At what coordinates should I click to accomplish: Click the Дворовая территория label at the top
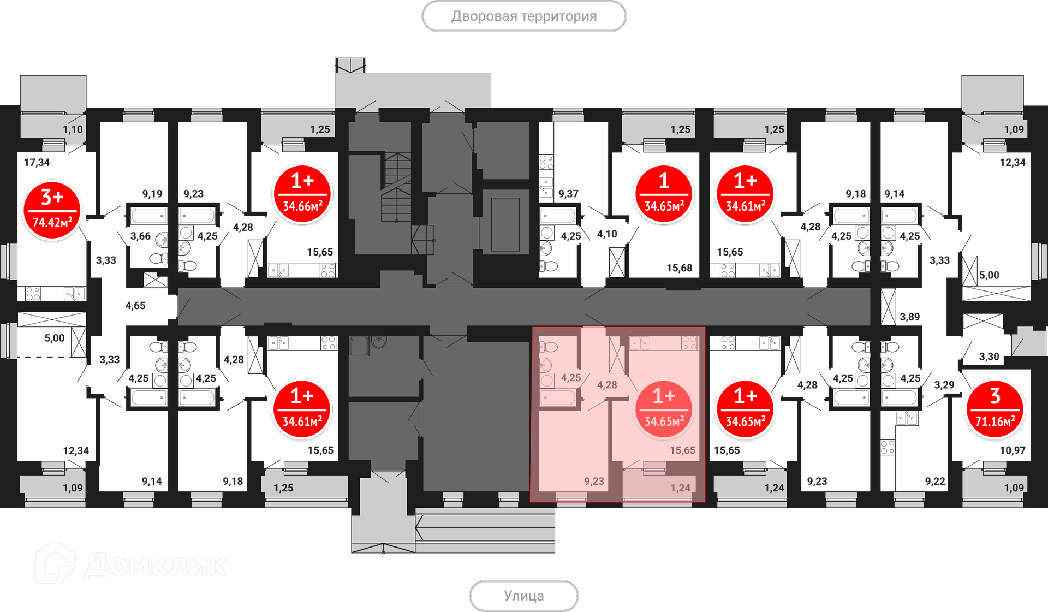click(524, 16)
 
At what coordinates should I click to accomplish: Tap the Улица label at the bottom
click(523, 596)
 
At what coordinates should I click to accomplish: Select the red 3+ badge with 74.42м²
click(52, 210)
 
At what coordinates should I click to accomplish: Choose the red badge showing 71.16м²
click(995, 409)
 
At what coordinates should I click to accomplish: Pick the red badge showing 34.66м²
click(302, 194)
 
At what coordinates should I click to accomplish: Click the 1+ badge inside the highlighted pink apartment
click(664, 409)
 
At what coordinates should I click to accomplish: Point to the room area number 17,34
click(37, 162)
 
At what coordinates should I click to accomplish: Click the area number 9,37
click(568, 194)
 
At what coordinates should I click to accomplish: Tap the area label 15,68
click(679, 268)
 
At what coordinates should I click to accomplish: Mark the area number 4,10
click(607, 234)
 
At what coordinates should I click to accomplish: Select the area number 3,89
click(910, 317)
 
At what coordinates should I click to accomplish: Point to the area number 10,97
click(1013, 450)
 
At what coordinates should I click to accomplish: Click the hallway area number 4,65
click(135, 306)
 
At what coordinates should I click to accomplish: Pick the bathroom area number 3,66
click(140, 236)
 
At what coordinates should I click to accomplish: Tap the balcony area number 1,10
click(73, 129)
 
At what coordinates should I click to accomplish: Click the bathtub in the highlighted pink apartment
click(558, 397)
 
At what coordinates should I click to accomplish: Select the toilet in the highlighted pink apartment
click(549, 347)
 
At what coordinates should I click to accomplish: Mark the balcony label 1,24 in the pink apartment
click(681, 488)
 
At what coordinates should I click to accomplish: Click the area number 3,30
click(989, 357)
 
